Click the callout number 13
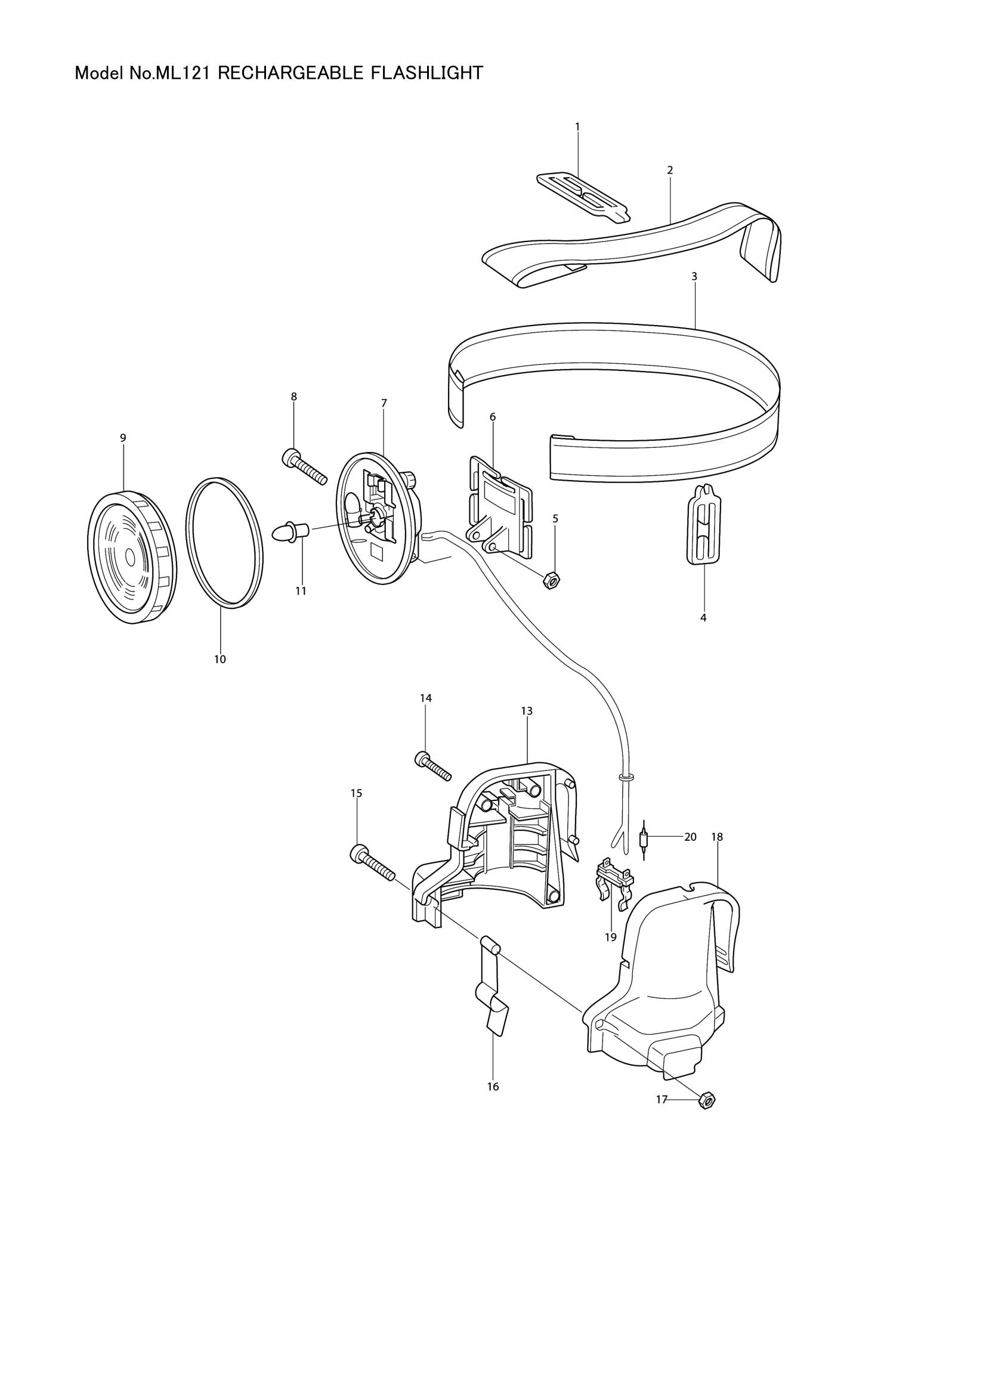(526, 710)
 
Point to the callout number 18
(717, 837)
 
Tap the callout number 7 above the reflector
(384, 403)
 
